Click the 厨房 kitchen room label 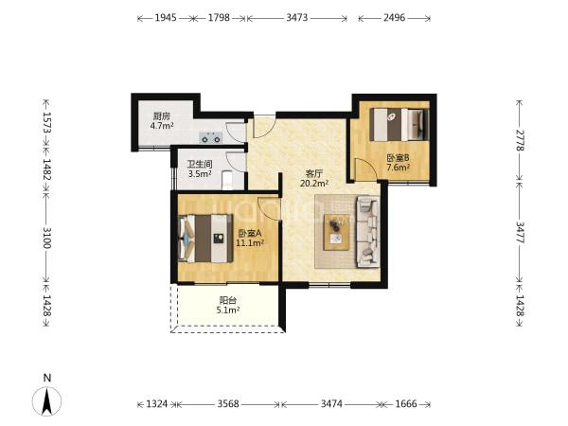(162, 116)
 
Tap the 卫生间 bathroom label (200, 164)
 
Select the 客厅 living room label (313, 173)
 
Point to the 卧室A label (250, 233)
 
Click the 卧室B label (398, 158)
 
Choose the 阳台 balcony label (228, 300)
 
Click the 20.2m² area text (314, 184)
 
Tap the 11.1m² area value (250, 242)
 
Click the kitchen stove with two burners (210, 137)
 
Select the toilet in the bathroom (227, 180)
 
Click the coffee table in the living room (336, 232)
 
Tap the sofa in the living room (368, 232)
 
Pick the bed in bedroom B (399, 124)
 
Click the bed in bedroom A (205, 238)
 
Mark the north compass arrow (46, 401)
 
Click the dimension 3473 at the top (297, 17)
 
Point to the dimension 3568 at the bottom (228, 403)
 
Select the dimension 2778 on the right (520, 140)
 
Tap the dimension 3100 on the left (46, 238)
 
